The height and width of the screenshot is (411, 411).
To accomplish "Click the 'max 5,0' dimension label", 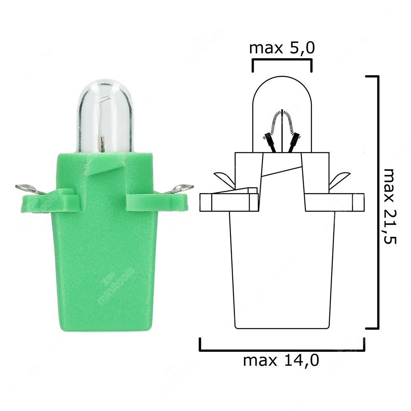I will [x=282, y=48].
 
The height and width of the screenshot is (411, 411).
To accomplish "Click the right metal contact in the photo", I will [x=181, y=189].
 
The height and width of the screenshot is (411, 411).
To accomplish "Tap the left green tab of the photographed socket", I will [x=49, y=201].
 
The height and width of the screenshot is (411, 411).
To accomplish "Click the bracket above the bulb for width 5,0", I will [x=282, y=60].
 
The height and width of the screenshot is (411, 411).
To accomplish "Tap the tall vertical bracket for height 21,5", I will [x=377, y=201].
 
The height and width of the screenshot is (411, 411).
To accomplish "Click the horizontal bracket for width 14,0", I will [x=282, y=349].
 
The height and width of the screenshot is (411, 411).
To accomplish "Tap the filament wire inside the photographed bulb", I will [x=101, y=119].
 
